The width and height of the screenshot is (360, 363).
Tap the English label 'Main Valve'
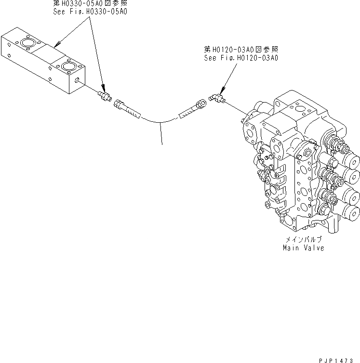(303, 248)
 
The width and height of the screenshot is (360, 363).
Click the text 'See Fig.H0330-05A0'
(90, 11)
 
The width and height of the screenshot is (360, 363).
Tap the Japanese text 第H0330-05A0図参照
(90, 3)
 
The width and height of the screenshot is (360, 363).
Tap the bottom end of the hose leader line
(161, 143)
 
